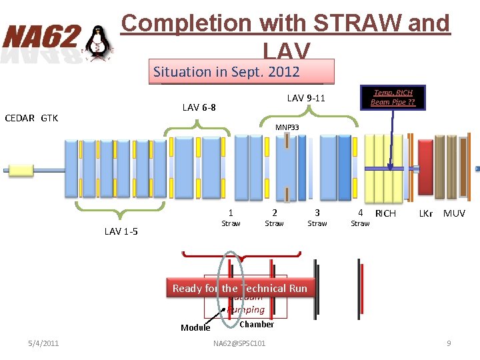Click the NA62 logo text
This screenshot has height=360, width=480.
click(41, 37)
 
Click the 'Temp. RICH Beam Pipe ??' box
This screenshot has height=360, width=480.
click(393, 97)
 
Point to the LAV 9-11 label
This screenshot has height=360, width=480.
click(306, 98)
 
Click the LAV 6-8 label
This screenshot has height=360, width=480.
click(199, 107)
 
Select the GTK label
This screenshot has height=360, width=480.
click(49, 118)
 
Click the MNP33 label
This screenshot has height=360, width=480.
click(287, 127)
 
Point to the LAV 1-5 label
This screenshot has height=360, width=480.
click(121, 231)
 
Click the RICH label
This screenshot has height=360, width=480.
click(385, 213)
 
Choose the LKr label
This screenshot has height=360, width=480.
click(425, 213)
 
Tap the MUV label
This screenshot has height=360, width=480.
click(454, 213)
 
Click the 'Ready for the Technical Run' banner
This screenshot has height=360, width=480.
click(240, 288)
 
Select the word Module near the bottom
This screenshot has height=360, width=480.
click(195, 327)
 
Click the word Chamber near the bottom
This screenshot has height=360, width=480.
click(256, 324)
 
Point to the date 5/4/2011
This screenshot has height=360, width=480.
click(43, 343)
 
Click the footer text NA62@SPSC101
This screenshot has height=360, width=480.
click(239, 343)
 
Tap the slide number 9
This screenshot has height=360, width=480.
click(449, 343)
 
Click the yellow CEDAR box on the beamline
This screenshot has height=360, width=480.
click(21, 170)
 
